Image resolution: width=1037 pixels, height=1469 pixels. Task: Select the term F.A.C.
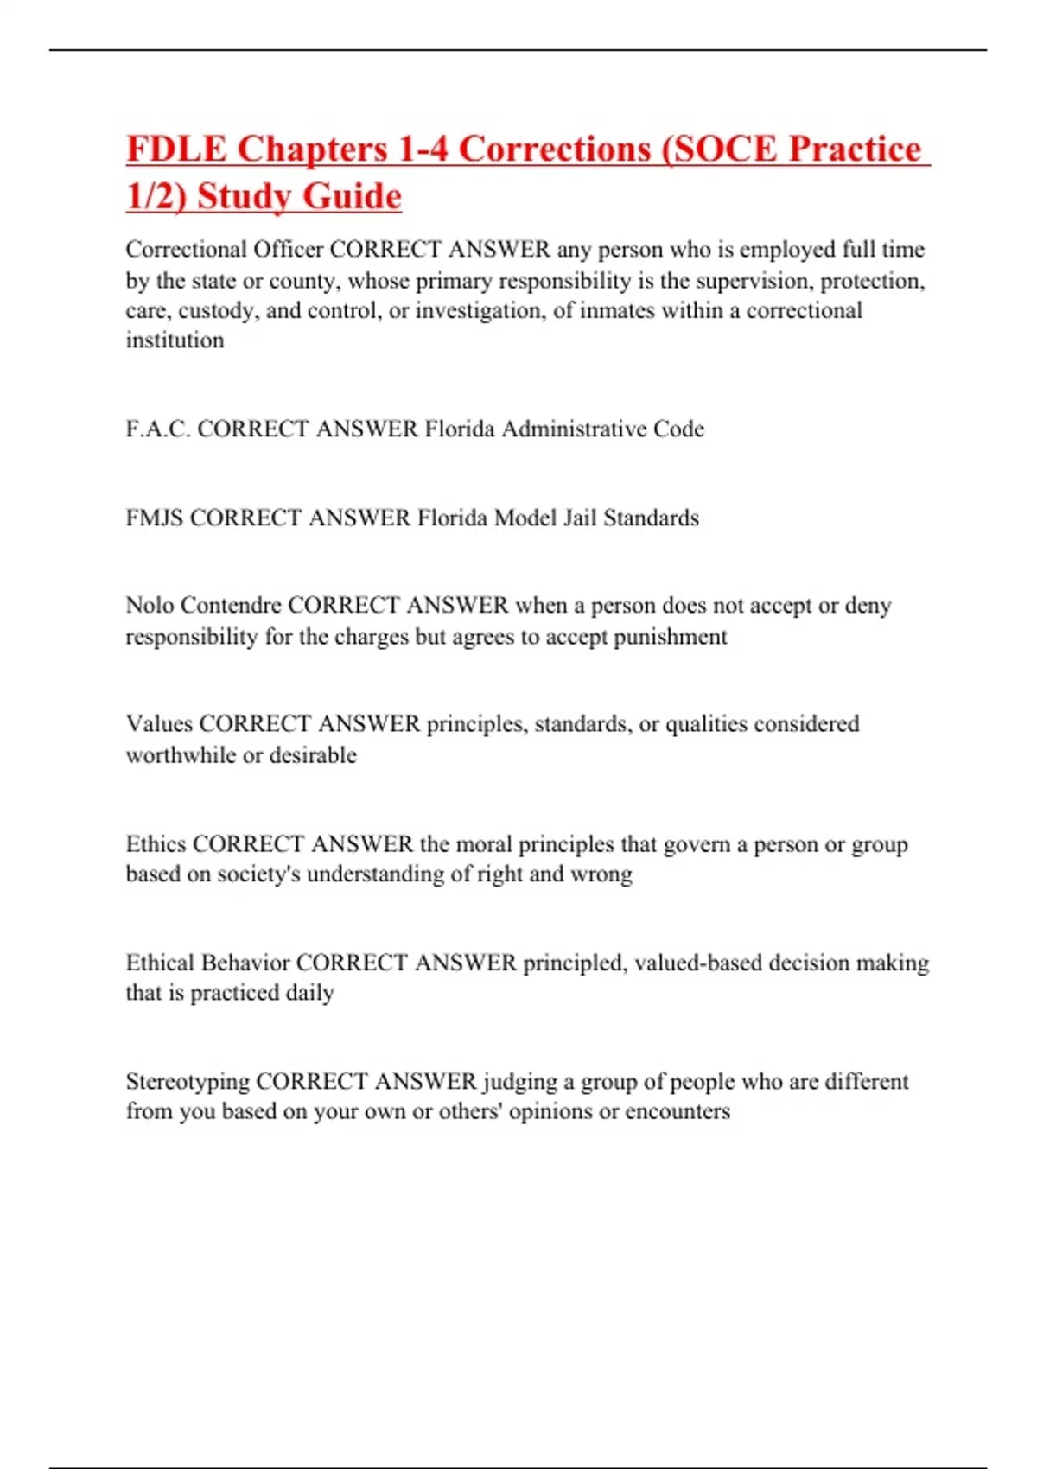click(158, 429)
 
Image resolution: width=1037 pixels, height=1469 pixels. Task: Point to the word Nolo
click(150, 606)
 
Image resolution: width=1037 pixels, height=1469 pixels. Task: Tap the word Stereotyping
click(188, 1082)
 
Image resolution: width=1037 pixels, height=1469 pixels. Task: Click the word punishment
click(671, 637)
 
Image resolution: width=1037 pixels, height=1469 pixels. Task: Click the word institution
click(175, 340)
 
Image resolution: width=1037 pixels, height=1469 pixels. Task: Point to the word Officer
click(288, 250)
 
